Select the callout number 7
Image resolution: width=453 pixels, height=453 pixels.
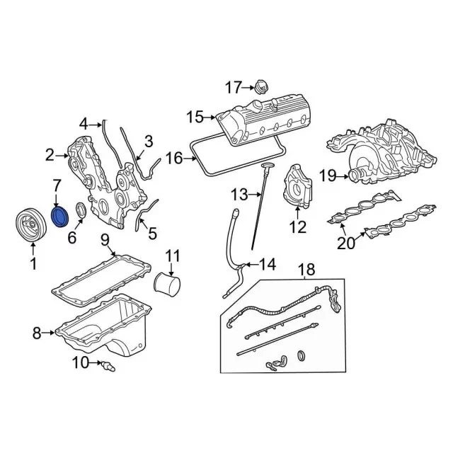click(x=57, y=185)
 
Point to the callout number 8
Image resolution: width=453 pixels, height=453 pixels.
click(x=38, y=331)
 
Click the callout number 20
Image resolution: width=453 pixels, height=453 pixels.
click(x=345, y=244)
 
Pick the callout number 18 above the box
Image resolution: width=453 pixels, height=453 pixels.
click(x=304, y=270)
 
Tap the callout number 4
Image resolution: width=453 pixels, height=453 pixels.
click(x=84, y=123)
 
